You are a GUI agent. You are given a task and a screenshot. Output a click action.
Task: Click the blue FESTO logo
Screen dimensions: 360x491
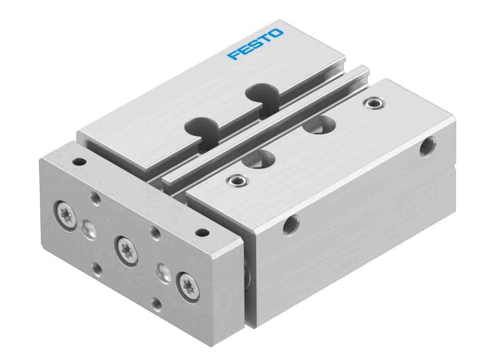click(x=255, y=44)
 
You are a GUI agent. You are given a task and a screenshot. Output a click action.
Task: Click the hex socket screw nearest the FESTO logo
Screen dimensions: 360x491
click(x=372, y=103)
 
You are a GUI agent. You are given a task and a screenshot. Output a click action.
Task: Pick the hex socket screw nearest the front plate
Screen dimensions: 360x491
click(x=235, y=181)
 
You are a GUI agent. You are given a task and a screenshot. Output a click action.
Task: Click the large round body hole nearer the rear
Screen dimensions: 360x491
click(x=319, y=125)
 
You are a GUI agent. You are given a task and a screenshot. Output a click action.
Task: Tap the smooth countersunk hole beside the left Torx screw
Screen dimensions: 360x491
click(x=87, y=227)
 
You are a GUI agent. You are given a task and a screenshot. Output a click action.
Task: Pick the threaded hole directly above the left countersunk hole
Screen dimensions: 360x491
click(x=95, y=197)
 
